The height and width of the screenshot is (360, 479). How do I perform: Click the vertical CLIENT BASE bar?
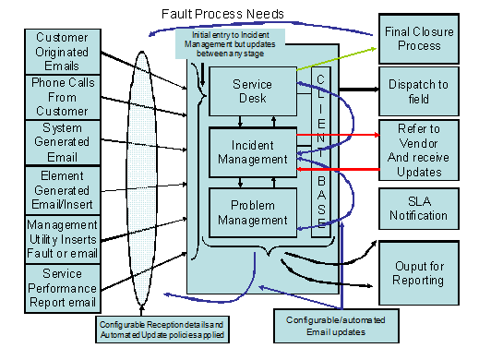coord(320,151)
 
